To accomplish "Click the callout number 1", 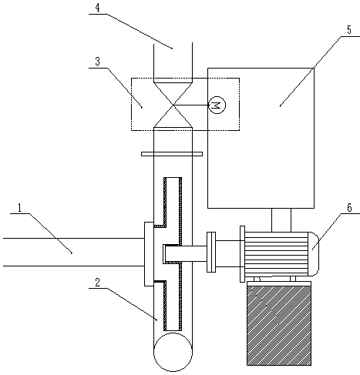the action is coord(20,208).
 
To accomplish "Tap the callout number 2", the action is coord(97,283).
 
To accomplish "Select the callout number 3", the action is coord(97,62).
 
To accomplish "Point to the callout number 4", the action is coord(97,8).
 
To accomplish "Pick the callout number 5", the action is coord(348,30).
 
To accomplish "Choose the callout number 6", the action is coord(349,208).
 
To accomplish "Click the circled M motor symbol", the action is coord(217,105).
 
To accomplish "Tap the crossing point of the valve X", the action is coord(173,105).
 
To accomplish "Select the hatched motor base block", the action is coord(279,325).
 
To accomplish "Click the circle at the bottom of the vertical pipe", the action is coord(173,352).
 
